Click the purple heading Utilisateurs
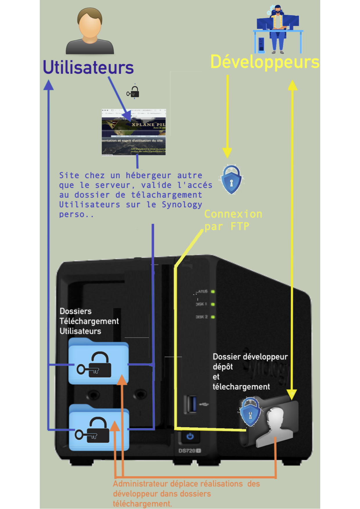[x=88, y=67]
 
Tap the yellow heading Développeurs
[x=264, y=62]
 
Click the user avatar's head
[x=90, y=23]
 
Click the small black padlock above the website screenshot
[x=134, y=92]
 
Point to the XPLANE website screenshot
[x=134, y=132]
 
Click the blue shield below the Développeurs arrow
[x=231, y=180]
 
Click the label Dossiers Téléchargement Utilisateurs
[x=89, y=321]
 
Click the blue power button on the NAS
[x=190, y=436]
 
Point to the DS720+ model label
[x=190, y=451]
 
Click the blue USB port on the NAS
[x=191, y=404]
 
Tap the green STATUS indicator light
[x=213, y=292]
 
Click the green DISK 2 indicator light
[x=213, y=317]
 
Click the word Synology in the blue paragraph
[x=182, y=205]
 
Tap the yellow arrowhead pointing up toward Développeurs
[x=292, y=85]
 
